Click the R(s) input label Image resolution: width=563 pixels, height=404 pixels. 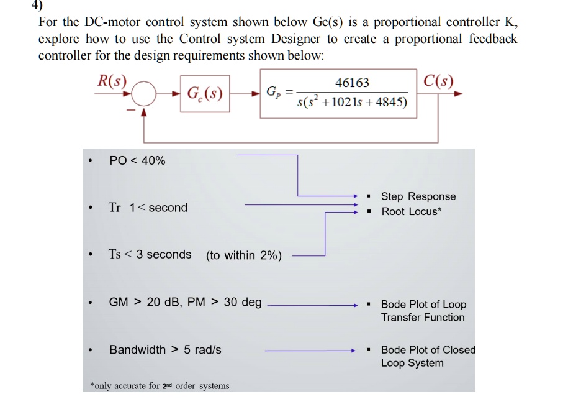coord(112,81)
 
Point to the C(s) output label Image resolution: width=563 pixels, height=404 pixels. coord(438,81)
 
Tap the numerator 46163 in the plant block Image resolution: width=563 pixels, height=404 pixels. coord(352,83)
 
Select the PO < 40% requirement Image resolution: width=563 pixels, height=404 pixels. coord(137,161)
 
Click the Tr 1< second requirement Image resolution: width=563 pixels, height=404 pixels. coord(148,208)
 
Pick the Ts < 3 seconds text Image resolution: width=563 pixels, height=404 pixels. coord(150,254)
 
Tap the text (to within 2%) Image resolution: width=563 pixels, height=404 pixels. coord(244,255)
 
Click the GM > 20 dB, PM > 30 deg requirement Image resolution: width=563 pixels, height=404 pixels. coord(185,302)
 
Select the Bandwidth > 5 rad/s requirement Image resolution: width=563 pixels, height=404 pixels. coord(165,349)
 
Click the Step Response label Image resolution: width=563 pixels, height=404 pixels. coord(418,196)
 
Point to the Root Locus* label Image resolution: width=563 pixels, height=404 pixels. coord(412,211)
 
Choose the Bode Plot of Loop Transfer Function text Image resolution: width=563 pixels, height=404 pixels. coord(423,311)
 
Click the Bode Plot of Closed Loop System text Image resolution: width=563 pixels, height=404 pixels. coord(427,356)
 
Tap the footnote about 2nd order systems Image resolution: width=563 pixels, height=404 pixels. coord(160,386)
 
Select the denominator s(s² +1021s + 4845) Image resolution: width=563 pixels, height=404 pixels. coord(352,102)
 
